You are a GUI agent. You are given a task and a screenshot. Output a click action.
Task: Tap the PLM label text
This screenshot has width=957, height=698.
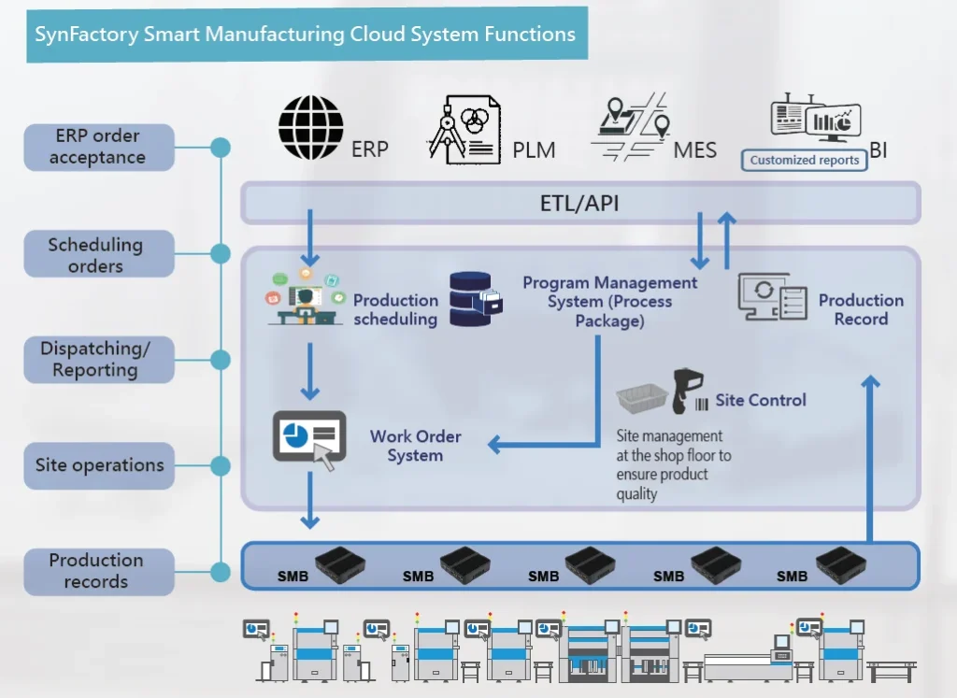(534, 150)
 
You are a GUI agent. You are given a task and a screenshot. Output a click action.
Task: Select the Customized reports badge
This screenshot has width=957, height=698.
(804, 160)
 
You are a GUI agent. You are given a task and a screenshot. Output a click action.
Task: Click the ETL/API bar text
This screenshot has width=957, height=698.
(579, 203)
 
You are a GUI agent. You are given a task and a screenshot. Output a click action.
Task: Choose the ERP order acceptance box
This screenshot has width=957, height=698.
(98, 147)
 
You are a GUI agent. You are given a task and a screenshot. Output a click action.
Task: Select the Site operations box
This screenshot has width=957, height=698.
(99, 465)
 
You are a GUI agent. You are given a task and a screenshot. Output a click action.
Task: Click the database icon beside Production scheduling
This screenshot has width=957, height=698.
(476, 299)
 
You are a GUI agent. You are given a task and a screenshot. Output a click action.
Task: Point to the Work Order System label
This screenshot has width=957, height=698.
(415, 446)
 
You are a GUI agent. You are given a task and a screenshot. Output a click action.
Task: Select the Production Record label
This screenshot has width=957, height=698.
(861, 309)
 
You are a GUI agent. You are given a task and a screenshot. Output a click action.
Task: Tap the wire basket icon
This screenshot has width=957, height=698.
(641, 398)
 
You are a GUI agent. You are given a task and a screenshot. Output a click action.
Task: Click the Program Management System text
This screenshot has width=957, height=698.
(609, 301)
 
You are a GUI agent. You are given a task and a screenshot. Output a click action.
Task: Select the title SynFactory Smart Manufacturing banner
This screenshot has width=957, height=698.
(306, 35)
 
